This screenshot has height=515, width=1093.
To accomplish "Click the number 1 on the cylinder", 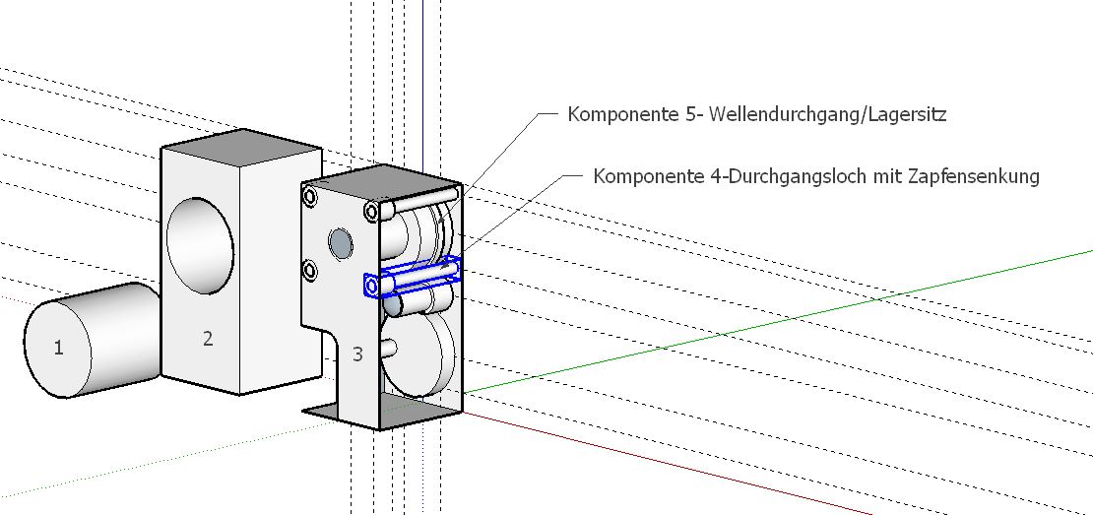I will (x=59, y=347).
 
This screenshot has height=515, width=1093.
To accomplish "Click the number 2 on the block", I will (x=208, y=339).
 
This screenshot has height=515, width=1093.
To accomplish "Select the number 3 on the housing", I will (x=357, y=354).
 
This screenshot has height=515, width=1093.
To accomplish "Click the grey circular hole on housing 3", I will (x=341, y=242).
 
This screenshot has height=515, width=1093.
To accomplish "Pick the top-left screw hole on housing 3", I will (x=310, y=197).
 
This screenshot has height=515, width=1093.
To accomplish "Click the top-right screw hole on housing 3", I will (x=372, y=211).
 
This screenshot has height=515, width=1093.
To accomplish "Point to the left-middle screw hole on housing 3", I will (x=310, y=269).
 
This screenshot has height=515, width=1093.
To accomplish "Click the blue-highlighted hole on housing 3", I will (x=371, y=286).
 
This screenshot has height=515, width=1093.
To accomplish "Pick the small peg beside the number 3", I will (x=389, y=347).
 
